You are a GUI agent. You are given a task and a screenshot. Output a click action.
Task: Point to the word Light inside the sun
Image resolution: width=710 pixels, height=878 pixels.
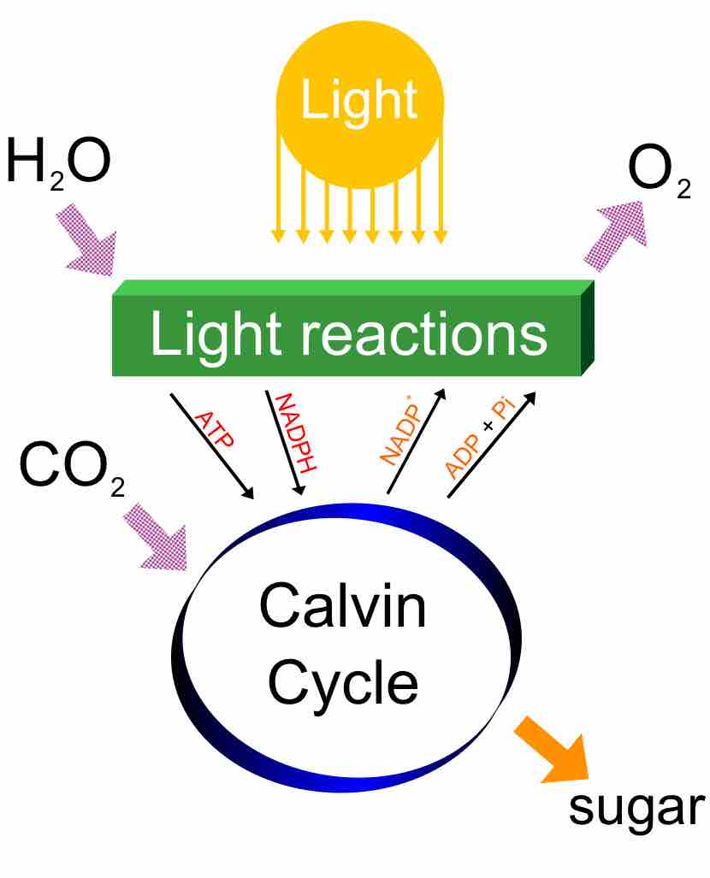[360, 100]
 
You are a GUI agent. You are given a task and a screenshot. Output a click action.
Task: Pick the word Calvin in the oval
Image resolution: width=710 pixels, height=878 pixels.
[342, 610]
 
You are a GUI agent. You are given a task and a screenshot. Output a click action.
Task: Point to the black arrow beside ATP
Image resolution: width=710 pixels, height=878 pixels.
[211, 446]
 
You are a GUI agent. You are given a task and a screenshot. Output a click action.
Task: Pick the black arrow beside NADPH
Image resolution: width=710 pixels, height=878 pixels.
[284, 443]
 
